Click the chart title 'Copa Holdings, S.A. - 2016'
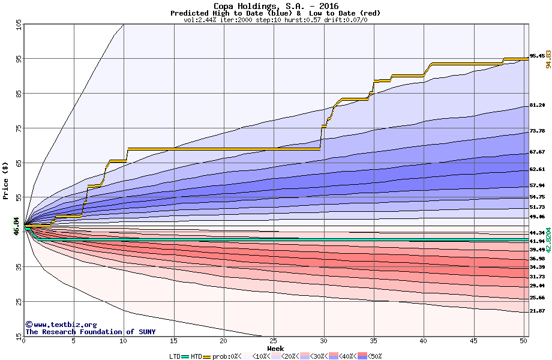(x=275, y=6)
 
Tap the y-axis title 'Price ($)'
(x=5, y=181)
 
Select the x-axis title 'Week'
(x=275, y=349)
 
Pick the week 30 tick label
(x=323, y=341)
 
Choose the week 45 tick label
(x=473, y=341)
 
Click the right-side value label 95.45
(x=537, y=56)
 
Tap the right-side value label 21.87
(x=537, y=311)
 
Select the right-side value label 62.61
(x=537, y=170)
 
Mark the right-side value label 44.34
(x=537, y=233)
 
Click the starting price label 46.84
(x=17, y=226)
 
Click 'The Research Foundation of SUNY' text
(x=90, y=332)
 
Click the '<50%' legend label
(x=374, y=356)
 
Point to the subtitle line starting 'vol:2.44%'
(x=275, y=20)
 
